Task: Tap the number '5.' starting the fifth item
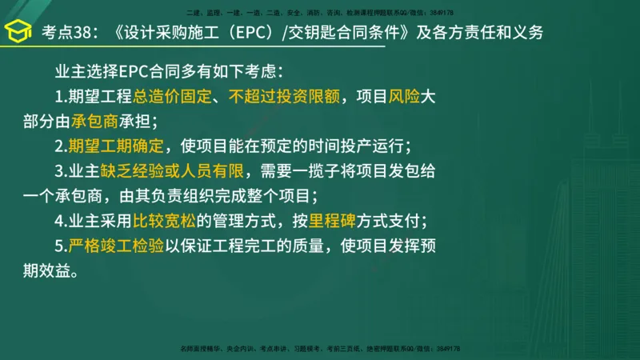pyautogui.click(x=61, y=246)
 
